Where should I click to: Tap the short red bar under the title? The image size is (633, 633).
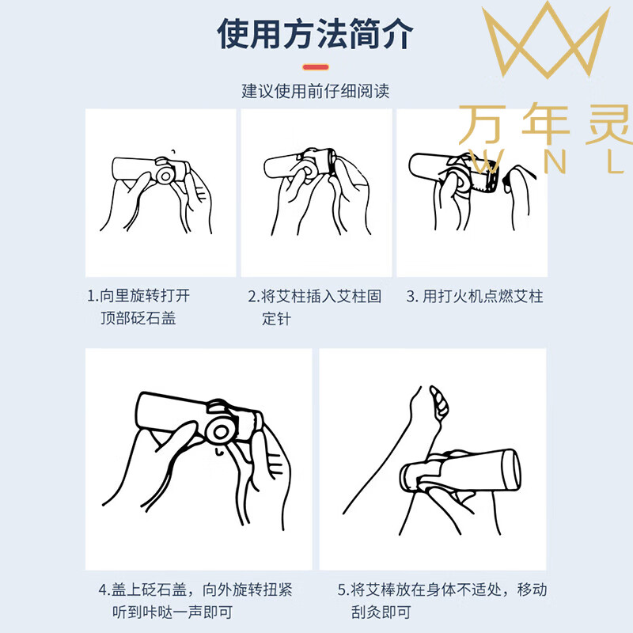coord(316,66)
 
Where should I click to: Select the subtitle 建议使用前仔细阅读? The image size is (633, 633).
coord(316,91)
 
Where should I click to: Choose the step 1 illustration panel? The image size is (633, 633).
coord(161,192)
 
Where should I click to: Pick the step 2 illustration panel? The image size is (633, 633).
coord(316,192)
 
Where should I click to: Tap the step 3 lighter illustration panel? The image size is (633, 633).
coord(472,192)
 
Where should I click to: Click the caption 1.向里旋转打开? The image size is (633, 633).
coord(138,297)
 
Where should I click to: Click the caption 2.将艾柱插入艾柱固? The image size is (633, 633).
coord(315,297)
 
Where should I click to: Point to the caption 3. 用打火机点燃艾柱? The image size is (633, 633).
coord(475,297)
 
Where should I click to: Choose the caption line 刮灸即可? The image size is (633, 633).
coord(381,612)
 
